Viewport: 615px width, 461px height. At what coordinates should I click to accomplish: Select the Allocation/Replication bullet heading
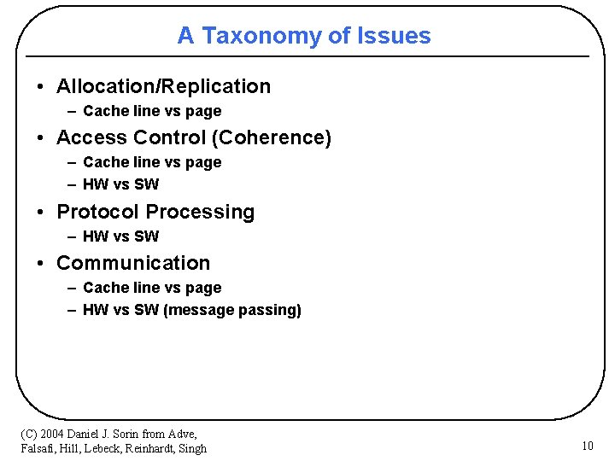pyautogui.click(x=163, y=86)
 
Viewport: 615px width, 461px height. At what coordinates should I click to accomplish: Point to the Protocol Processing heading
pyautogui.click(x=155, y=212)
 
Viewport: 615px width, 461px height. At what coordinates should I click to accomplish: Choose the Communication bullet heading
pyautogui.click(x=133, y=263)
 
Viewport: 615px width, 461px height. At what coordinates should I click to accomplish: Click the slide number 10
pyautogui.click(x=587, y=446)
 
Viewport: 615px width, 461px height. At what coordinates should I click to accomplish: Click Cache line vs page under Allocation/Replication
pyautogui.click(x=152, y=111)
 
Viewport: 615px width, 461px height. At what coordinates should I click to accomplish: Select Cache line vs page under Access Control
pyautogui.click(x=152, y=162)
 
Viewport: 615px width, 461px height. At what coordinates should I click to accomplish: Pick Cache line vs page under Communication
pyautogui.click(x=152, y=288)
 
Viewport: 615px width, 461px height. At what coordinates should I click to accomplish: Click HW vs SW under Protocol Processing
pyautogui.click(x=120, y=236)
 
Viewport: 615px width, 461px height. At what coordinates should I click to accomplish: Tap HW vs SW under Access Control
pyautogui.click(x=120, y=184)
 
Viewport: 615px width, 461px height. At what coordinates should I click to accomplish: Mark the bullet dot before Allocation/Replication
pyautogui.click(x=41, y=87)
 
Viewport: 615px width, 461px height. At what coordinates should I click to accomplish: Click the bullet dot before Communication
pyautogui.click(x=41, y=264)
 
